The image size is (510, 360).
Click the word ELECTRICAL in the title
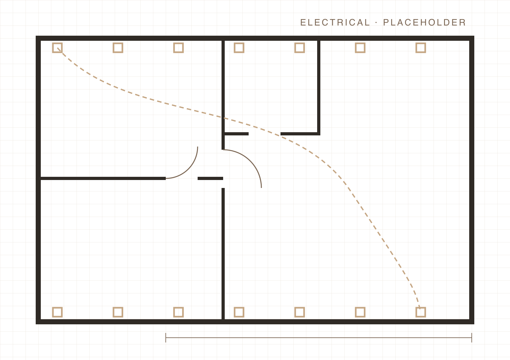point(335,23)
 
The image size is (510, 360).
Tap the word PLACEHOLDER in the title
point(424,23)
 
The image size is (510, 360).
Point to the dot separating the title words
point(376,23)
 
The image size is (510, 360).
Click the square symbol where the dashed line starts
point(57,48)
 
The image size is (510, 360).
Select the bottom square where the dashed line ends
point(421,312)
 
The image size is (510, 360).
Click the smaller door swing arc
point(188,169)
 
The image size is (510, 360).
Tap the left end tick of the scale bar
point(166,338)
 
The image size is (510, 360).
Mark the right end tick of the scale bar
point(472,338)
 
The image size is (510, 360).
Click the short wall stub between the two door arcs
point(210,178)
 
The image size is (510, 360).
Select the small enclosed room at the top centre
point(271,86)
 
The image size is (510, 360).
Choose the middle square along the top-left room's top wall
point(118,48)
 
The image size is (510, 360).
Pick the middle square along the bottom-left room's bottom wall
point(118,312)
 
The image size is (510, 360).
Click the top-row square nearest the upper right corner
point(421,48)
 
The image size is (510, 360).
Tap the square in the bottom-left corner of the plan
point(57,312)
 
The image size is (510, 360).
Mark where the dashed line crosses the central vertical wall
point(223,118)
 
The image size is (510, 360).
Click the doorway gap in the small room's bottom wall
point(265,134)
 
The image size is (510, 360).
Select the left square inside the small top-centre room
point(239,48)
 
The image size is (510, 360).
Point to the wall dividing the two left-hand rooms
point(103,178)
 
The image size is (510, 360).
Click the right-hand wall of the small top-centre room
point(319,86)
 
